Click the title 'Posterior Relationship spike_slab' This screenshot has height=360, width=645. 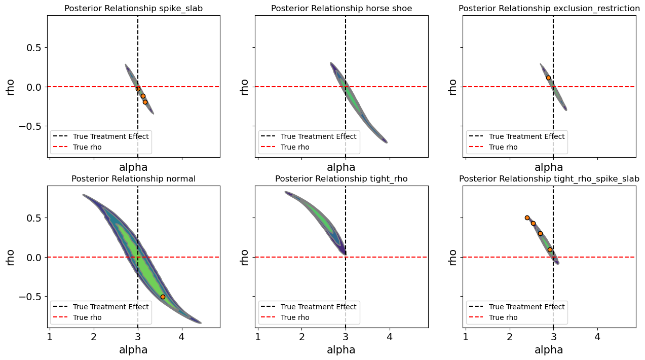point(134,8)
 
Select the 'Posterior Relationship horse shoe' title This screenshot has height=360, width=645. point(342,8)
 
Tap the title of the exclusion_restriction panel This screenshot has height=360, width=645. point(549,8)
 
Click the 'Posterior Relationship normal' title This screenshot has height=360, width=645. point(134,178)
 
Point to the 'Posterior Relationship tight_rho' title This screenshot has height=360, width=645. point(342,178)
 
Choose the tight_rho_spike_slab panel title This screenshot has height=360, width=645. point(549,178)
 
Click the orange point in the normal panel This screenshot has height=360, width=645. point(163,297)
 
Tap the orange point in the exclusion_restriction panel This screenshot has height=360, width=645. point(548,78)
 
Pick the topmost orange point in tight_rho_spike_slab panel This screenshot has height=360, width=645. point(527,218)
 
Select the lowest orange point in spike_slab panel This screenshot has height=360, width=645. point(145,102)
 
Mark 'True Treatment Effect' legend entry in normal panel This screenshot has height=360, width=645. point(110,307)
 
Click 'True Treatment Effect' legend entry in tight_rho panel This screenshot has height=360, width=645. point(318,307)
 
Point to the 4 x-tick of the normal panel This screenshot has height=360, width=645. point(181,336)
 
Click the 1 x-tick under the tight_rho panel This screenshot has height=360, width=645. point(258,336)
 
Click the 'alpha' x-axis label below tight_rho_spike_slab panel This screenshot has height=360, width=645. point(549,350)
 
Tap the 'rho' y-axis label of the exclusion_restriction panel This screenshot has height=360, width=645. point(452,87)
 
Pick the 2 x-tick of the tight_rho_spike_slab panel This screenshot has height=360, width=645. point(510,336)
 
